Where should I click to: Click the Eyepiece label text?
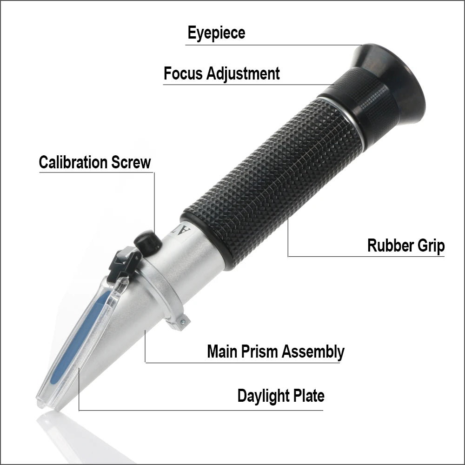(216, 33)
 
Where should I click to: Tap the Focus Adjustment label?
(222, 73)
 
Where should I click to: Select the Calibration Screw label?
(95, 162)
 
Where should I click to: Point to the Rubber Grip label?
(406, 246)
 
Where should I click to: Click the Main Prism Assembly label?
(276, 352)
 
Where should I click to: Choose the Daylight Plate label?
(281, 396)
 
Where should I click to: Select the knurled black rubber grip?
(270, 181)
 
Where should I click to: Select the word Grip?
(430, 246)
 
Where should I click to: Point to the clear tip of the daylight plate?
(44, 400)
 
